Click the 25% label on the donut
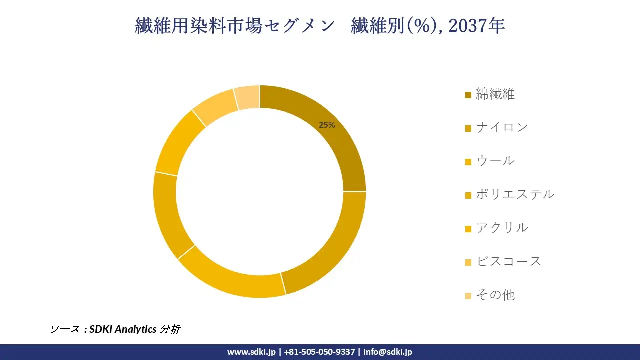coord(327,125)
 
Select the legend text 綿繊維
coord(495,94)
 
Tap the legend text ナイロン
coord(502,127)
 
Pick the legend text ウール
coord(495,161)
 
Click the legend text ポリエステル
coord(515,194)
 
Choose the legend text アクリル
coord(502,228)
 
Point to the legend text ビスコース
coord(508,261)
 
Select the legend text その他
coord(495,295)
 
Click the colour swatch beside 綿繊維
coord(468,95)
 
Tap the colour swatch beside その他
coord(468,296)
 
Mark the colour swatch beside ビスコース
coord(468,262)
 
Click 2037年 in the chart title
coord(477,26)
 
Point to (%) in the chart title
coord(417,26)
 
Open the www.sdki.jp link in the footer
coord(251,352)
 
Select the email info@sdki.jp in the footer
coord(388,352)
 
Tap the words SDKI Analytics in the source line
coord(122,329)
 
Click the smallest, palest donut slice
coord(247,97)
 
